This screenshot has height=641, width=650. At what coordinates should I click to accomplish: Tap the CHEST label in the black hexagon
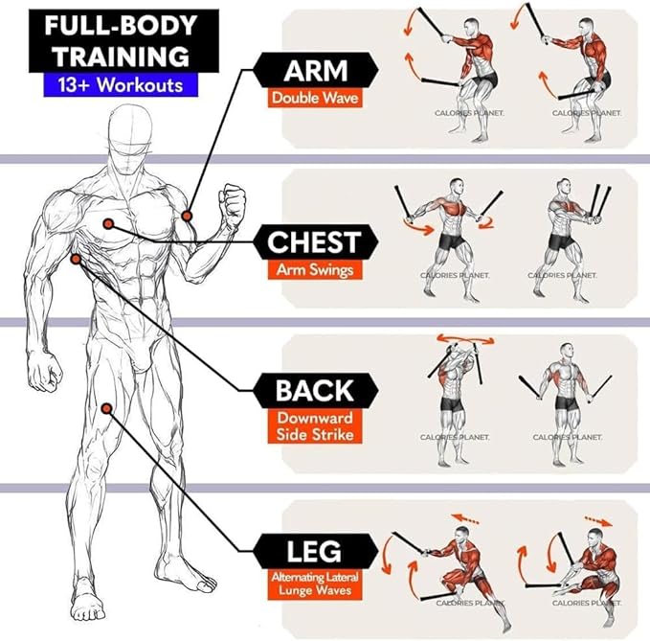tap(312, 241)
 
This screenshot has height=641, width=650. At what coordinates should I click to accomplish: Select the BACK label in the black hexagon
tap(315, 391)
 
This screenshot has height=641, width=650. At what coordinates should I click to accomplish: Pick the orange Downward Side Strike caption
tap(315, 426)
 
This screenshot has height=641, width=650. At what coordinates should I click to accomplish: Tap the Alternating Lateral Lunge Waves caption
tap(315, 584)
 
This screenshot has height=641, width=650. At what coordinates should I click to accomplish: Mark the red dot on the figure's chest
tap(109, 222)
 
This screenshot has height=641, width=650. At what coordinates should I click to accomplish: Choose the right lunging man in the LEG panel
tap(585, 570)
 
